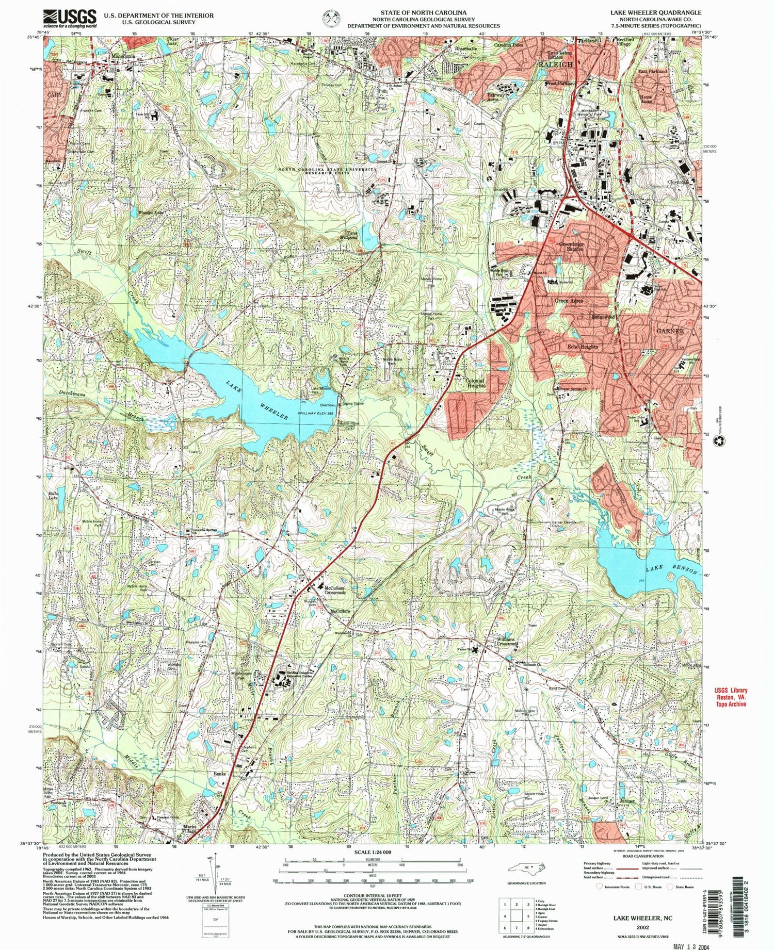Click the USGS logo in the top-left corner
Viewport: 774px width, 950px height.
coord(69,19)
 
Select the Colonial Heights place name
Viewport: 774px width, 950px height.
coord(475,383)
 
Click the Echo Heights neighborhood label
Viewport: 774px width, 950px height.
coord(580,347)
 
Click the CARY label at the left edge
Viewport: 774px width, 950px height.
coord(54,96)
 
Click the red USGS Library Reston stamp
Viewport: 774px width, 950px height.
coord(731,697)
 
